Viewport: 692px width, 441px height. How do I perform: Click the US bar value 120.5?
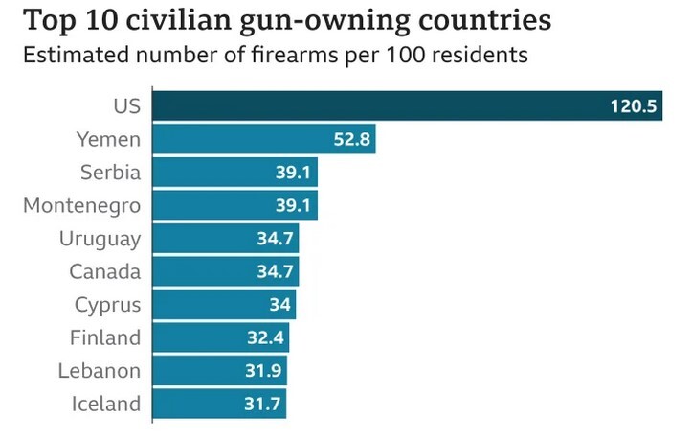[x=635, y=106]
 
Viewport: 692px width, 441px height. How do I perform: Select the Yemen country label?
[x=108, y=140]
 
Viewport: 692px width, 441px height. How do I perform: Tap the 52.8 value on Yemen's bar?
[x=350, y=140]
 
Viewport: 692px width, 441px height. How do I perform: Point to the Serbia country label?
[x=111, y=174]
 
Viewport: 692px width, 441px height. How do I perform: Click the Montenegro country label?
[x=81, y=206]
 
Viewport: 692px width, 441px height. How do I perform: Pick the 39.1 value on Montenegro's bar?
[x=293, y=206]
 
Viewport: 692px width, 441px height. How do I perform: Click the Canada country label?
[x=105, y=272]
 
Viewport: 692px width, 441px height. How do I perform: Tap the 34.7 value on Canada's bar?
[x=275, y=272]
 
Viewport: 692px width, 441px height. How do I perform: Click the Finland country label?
[x=105, y=337]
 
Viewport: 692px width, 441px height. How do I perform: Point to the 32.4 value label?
[x=265, y=337]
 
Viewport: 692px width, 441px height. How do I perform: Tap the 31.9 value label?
[x=263, y=371]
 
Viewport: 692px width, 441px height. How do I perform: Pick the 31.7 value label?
[x=262, y=404]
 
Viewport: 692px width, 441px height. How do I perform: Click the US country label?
[x=126, y=106]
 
